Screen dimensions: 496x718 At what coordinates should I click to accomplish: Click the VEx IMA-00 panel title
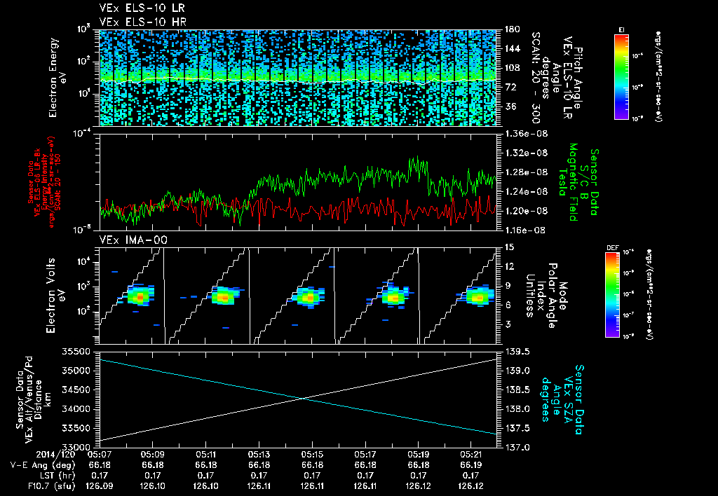point(128,240)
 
